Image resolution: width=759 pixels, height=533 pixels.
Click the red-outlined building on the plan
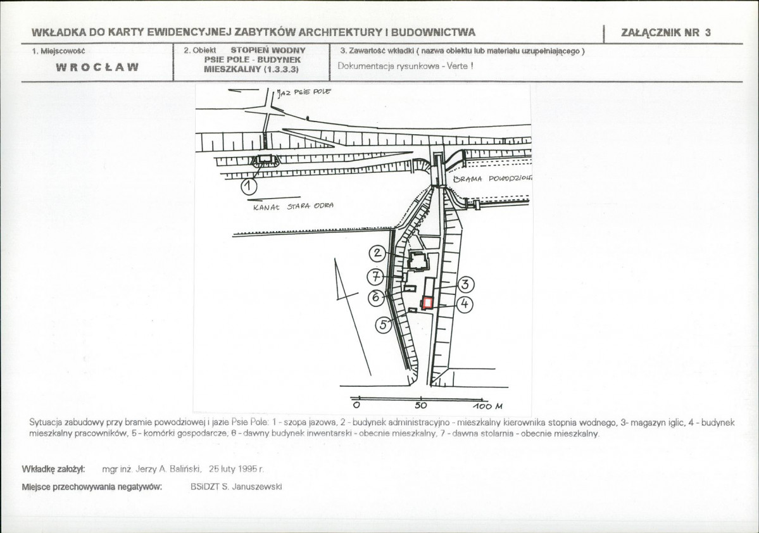click(x=428, y=303)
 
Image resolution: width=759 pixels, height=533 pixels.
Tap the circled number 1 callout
click(x=249, y=185)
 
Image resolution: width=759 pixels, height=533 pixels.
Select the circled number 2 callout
click(x=377, y=253)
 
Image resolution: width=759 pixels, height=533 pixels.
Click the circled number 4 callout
click(x=464, y=304)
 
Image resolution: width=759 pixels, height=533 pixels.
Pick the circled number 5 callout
click(x=383, y=325)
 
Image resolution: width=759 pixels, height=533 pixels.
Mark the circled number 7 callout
click(x=375, y=277)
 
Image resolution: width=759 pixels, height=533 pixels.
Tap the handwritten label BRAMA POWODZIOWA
click(x=492, y=179)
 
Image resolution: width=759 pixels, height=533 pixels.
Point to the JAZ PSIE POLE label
click(x=304, y=92)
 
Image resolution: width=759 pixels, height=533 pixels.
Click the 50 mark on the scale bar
click(x=421, y=405)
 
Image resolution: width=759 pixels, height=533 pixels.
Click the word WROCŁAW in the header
click(x=97, y=67)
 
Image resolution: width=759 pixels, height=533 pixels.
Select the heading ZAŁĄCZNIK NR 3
click(x=667, y=33)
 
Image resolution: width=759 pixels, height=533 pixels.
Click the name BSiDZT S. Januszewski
click(x=236, y=487)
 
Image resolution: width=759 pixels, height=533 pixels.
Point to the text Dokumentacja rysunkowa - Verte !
click(x=405, y=66)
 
